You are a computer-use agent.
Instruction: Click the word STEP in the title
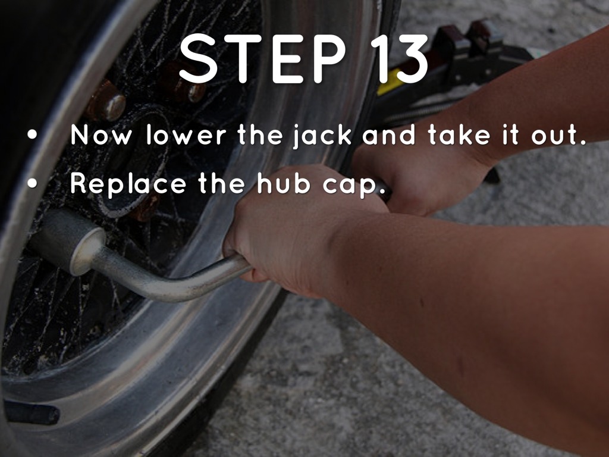[x=262, y=58]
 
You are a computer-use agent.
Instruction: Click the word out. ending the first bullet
[x=558, y=136]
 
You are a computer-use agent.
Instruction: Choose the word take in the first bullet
[x=460, y=134]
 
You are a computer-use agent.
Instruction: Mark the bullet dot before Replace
[x=33, y=184]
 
